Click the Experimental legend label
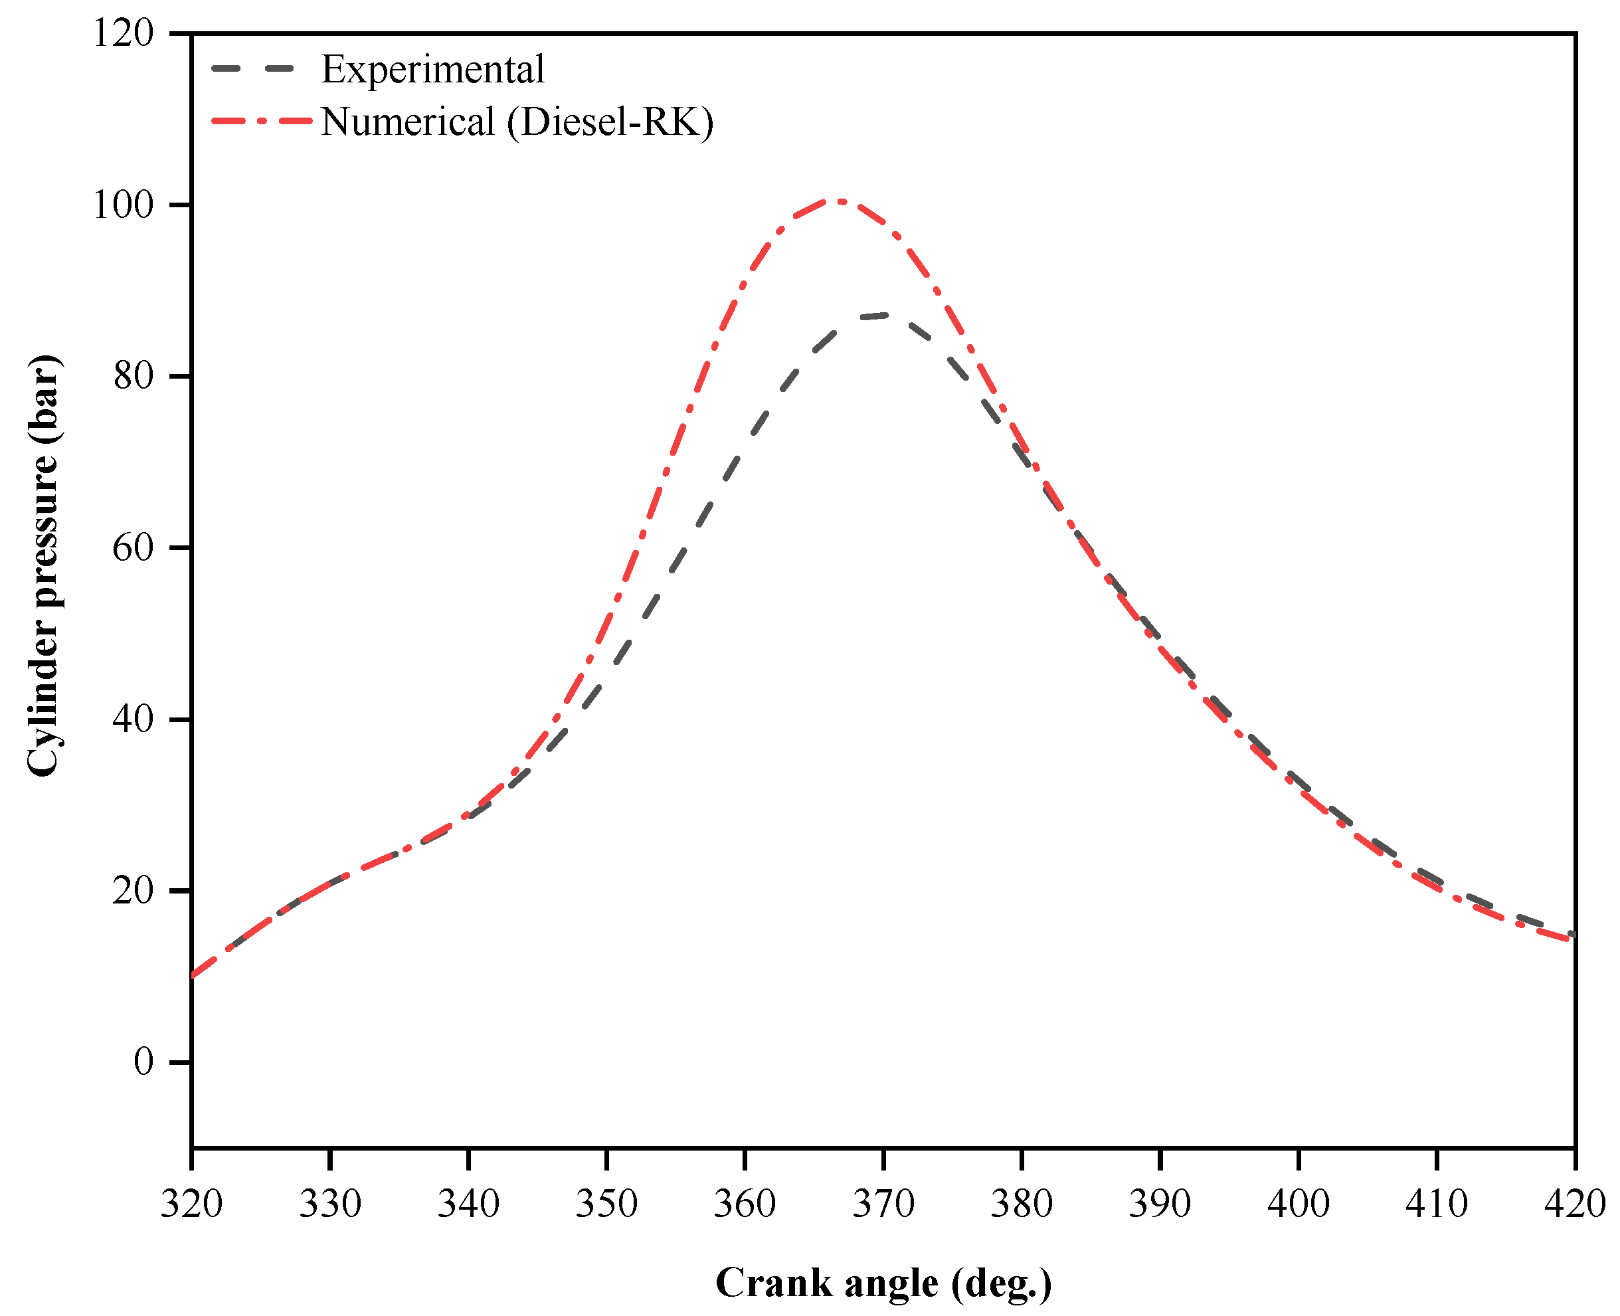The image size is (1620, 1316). click(x=432, y=70)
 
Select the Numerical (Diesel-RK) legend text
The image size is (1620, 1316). click(x=516, y=122)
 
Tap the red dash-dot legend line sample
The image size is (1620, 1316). click(x=262, y=120)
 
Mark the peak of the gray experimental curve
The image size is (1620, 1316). click(x=881, y=315)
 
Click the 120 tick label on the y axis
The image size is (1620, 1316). click(x=123, y=33)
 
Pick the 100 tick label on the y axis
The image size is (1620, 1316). click(x=123, y=205)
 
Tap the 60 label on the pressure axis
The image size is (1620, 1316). click(x=133, y=547)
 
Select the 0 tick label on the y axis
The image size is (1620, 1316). click(x=143, y=1062)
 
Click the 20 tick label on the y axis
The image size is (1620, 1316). click(x=133, y=891)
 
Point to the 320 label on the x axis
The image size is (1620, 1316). click(x=191, y=1203)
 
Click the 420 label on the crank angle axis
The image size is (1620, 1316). click(x=1575, y=1203)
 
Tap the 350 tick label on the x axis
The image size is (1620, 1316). click(x=606, y=1203)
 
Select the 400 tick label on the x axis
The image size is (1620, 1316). click(x=1298, y=1203)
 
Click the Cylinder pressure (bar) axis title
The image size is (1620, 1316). click(x=43, y=565)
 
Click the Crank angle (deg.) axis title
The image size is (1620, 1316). click(x=883, y=1283)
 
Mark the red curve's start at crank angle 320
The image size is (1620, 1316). click(x=194, y=976)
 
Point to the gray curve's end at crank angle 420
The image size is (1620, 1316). click(x=1572, y=935)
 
